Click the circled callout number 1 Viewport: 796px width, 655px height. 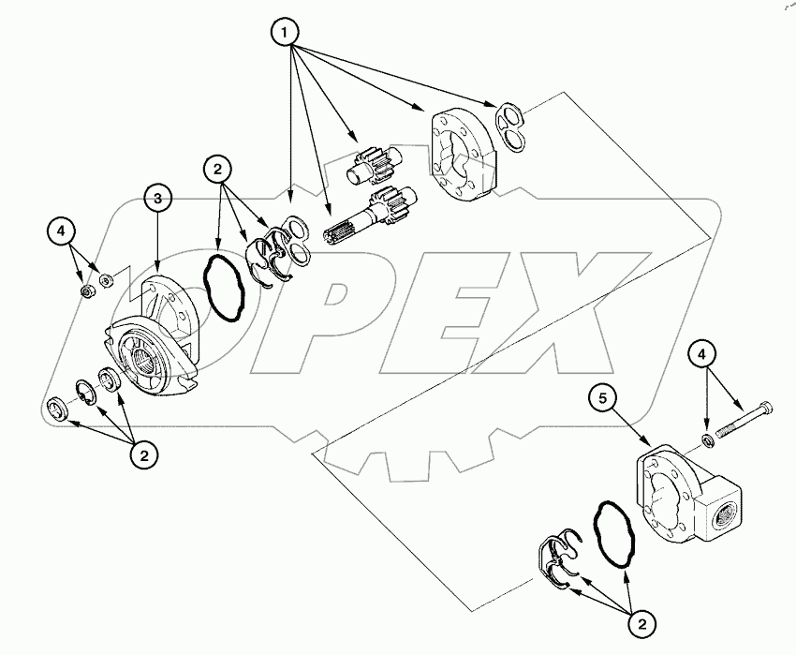click(x=286, y=34)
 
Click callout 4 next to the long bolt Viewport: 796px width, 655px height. click(x=706, y=354)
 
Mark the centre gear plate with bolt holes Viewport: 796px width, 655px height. click(x=461, y=155)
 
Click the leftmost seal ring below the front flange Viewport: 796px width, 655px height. click(x=59, y=409)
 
